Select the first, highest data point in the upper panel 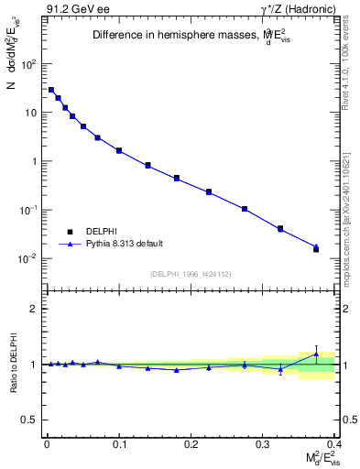[x=51, y=90]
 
